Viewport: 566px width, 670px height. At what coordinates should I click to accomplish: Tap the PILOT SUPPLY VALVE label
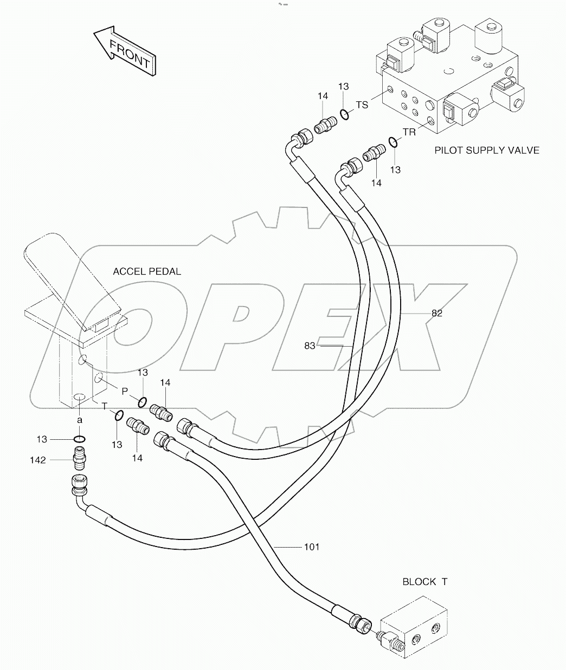[487, 150]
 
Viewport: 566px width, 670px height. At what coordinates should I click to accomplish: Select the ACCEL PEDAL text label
[146, 271]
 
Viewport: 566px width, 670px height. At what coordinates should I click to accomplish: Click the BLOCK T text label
[424, 582]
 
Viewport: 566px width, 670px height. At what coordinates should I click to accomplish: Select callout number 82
[437, 313]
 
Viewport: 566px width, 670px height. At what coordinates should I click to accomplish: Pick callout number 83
[310, 346]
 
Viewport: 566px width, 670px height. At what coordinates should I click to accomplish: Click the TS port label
[362, 105]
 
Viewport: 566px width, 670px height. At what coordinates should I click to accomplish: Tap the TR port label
[409, 132]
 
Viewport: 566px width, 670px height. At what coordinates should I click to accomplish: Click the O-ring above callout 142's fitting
[79, 439]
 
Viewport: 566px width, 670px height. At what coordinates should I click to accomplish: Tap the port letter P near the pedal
[124, 391]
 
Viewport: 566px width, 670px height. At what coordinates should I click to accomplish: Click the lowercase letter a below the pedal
[79, 420]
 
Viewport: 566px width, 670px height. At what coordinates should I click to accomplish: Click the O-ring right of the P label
[142, 401]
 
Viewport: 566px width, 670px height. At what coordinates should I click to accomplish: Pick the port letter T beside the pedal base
[105, 406]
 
